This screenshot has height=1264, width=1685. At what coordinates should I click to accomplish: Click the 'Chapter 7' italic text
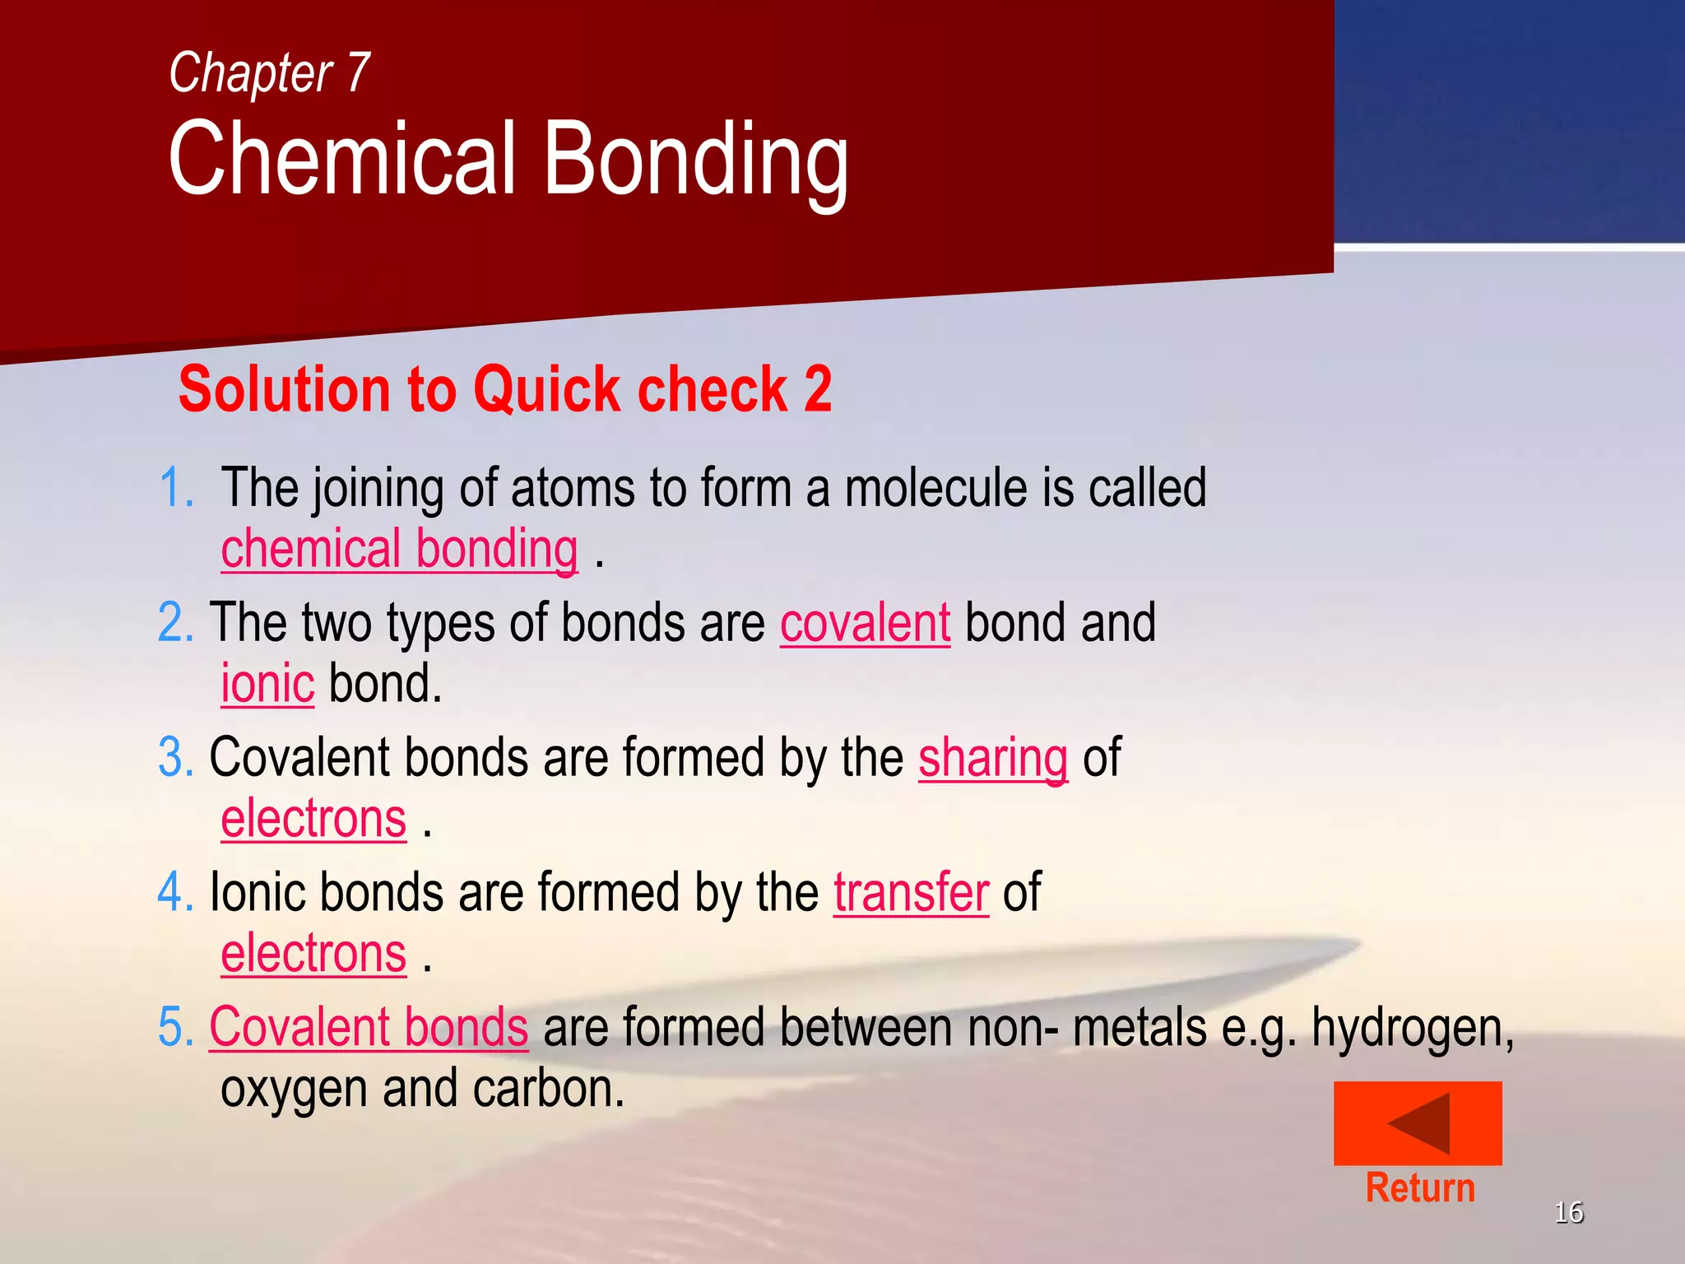click(269, 73)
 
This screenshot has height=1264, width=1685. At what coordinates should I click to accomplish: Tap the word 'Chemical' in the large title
click(343, 159)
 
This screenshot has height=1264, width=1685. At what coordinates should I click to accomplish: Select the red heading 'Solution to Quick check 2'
click(504, 389)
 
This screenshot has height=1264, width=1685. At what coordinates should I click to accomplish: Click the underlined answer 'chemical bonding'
click(399, 550)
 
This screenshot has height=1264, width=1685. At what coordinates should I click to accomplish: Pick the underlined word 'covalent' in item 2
click(865, 624)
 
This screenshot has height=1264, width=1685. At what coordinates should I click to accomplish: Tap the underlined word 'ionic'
click(267, 685)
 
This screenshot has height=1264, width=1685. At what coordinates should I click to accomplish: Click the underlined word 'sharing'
click(992, 759)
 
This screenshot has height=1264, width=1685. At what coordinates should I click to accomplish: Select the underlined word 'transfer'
click(911, 894)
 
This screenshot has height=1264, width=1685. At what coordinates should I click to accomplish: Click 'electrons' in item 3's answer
click(313, 820)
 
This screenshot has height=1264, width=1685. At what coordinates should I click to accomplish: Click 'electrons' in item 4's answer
click(313, 955)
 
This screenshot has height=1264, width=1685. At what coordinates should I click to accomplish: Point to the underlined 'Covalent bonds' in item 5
click(369, 1028)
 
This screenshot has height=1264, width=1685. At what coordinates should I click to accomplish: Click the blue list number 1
click(176, 488)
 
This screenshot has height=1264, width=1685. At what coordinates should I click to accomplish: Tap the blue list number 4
click(175, 893)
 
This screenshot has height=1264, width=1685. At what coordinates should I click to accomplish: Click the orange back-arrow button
click(1417, 1123)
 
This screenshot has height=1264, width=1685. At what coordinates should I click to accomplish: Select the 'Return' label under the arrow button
click(1420, 1188)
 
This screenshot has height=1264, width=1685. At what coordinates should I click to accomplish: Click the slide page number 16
click(1568, 1212)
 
